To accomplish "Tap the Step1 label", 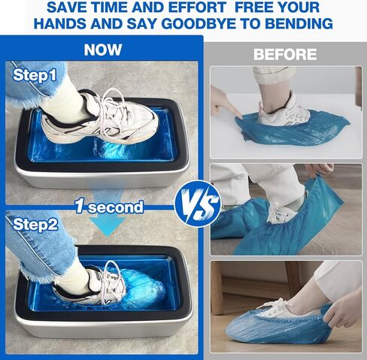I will pos(35,75).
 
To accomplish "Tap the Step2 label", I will pos(35,222).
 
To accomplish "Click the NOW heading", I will pos(103,50).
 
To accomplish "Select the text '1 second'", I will pos(108,207).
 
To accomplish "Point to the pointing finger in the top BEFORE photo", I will pos(226,103).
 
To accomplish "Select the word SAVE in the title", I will pos(68,8).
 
